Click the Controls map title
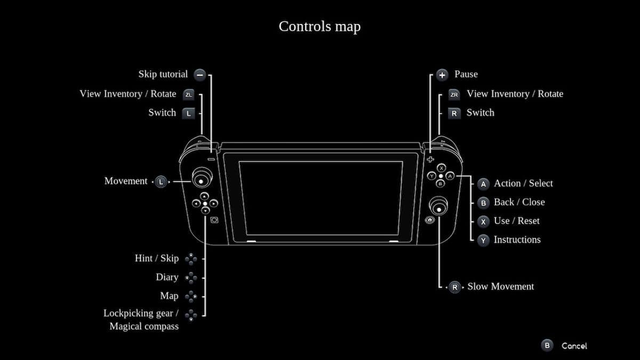pyautogui.click(x=319, y=27)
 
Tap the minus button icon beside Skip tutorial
pyautogui.click(x=199, y=75)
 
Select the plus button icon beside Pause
pyautogui.click(x=442, y=75)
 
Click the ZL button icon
pyautogui.click(x=189, y=95)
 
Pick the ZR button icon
pyautogui.click(x=454, y=95)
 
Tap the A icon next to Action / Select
pyautogui.click(x=483, y=184)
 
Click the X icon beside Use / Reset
pyautogui.click(x=483, y=222)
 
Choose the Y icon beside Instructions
pyautogui.click(x=483, y=241)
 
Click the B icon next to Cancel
pyautogui.click(x=547, y=346)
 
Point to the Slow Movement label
pyautogui.click(x=501, y=286)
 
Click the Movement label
pyautogui.click(x=126, y=181)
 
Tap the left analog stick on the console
pyautogui.click(x=202, y=178)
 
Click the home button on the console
pyautogui.click(x=430, y=220)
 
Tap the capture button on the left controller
pyautogui.click(x=214, y=220)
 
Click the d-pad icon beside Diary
pyautogui.click(x=191, y=278)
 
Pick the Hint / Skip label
pyautogui.click(x=157, y=258)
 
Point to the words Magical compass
pyautogui.click(x=144, y=326)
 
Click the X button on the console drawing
pyautogui.click(x=442, y=168)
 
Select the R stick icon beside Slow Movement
pyautogui.click(x=454, y=287)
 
